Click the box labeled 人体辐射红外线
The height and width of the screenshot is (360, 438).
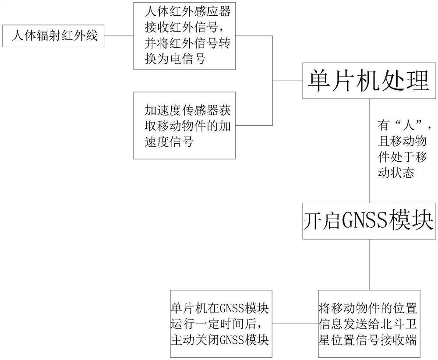coord(53,36)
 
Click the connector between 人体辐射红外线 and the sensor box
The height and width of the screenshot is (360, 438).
coord(119,36)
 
